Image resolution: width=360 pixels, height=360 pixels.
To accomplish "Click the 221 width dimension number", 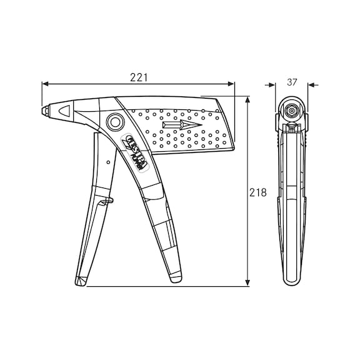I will (138, 77).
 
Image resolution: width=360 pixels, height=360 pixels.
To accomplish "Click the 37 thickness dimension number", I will (292, 82).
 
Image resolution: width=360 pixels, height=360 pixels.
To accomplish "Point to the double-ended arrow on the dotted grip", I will (182, 126).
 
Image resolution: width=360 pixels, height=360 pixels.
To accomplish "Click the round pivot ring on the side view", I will (114, 121).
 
